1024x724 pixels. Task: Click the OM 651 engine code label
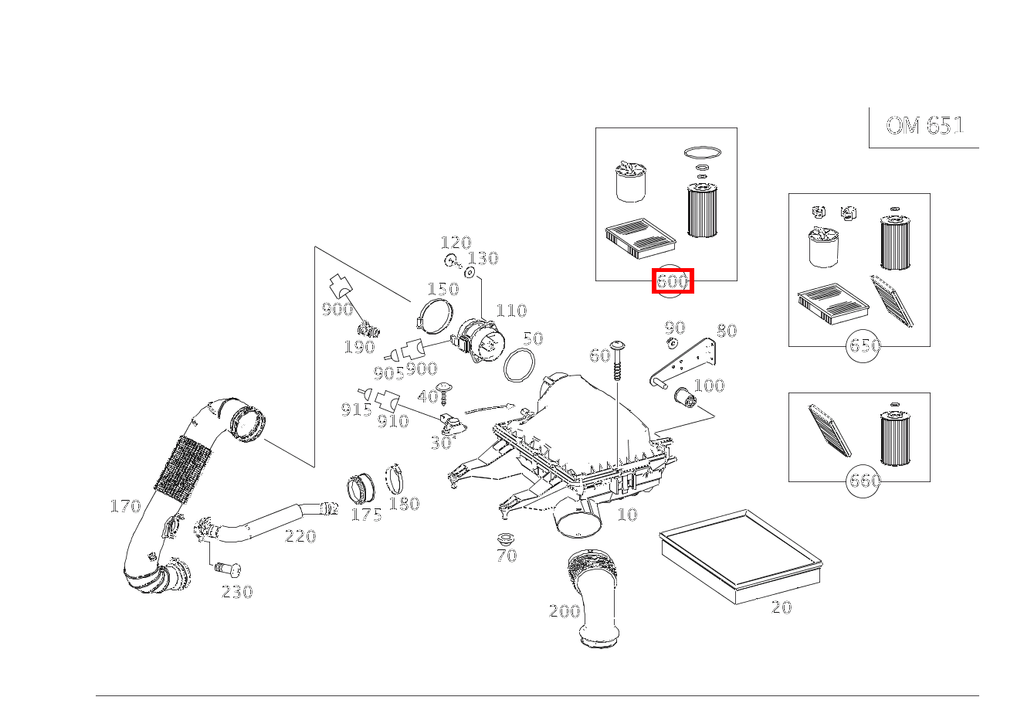pos(925,125)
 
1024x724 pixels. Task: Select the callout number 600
pos(673,280)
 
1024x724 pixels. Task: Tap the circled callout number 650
pos(864,345)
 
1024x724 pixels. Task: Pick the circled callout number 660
pos(864,481)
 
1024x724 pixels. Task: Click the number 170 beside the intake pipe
pos(126,506)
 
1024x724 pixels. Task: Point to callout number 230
pos(237,592)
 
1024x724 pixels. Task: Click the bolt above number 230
pos(228,570)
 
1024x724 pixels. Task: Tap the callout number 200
pos(565,611)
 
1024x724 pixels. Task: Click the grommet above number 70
pos(506,539)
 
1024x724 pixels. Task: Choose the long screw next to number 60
pos(617,360)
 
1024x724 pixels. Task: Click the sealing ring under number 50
pos(519,365)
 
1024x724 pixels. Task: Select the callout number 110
pos(511,311)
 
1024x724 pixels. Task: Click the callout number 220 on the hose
pos(300,535)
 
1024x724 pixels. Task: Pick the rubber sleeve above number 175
pos(361,488)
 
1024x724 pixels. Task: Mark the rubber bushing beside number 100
pos(685,397)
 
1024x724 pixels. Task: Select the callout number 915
pos(357,410)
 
